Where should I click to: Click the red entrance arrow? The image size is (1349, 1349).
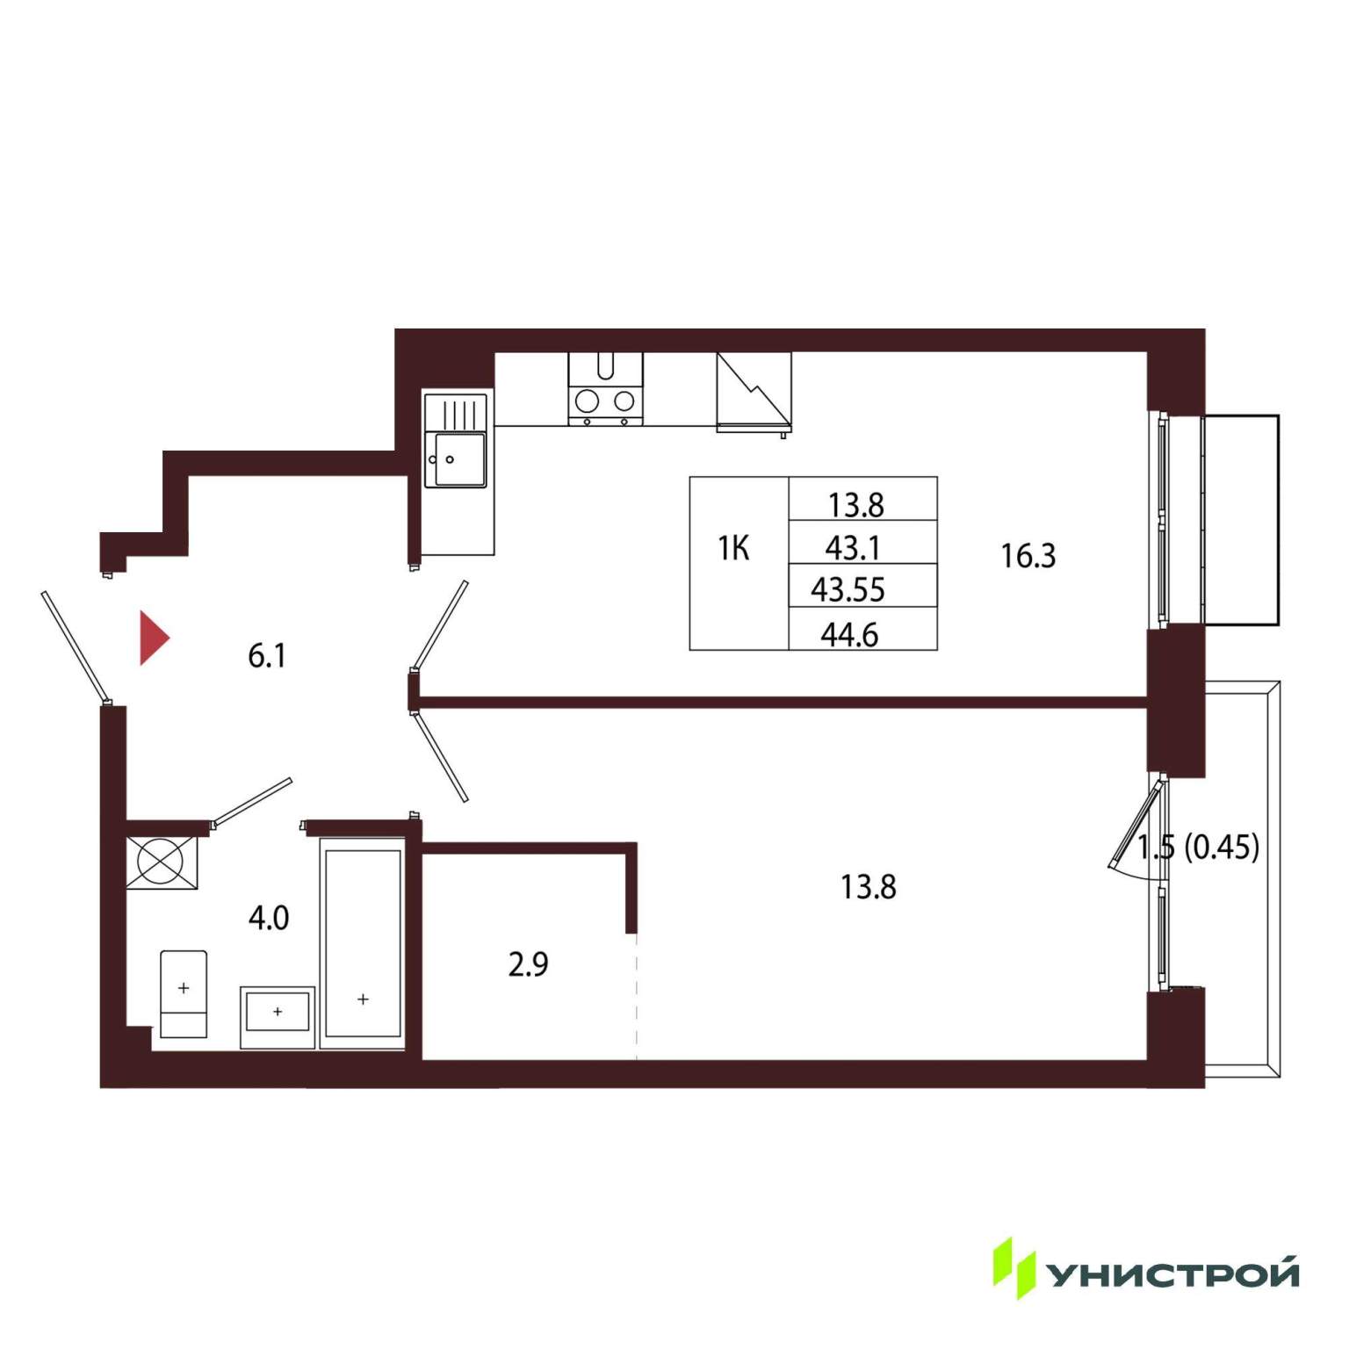pos(153,638)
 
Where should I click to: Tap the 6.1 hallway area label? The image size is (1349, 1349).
pos(267,656)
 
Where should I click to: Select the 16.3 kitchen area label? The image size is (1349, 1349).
pos(1028,556)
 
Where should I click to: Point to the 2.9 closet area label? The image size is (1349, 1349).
pos(528,964)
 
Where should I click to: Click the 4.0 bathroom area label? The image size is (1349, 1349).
pos(269,918)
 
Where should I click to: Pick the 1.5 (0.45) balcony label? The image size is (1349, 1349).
pos(1198,847)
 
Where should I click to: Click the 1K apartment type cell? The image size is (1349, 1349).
pos(734,549)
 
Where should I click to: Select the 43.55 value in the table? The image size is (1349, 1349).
pos(848,589)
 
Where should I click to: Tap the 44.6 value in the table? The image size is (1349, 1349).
pos(849,634)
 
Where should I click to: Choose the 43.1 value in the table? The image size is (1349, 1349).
pos(853,548)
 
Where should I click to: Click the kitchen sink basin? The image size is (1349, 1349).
pos(456,459)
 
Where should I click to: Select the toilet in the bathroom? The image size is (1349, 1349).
pos(184,994)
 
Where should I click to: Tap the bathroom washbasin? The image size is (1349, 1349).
pos(278,1016)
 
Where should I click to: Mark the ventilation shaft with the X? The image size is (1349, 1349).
pos(162,862)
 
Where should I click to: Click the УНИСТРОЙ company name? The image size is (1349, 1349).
pos(1174,1273)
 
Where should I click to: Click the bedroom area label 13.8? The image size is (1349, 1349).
pos(869,887)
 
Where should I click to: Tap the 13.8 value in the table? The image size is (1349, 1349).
pos(856,505)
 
